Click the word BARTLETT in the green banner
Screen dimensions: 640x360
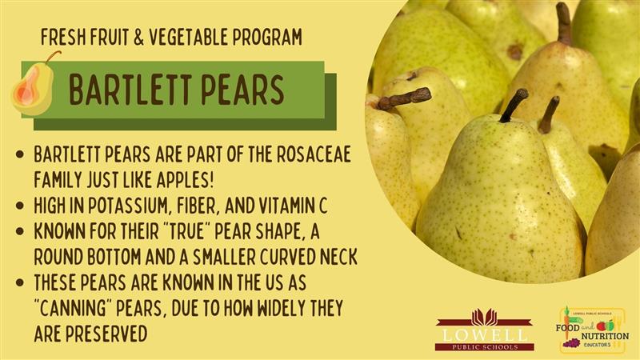point(130,90)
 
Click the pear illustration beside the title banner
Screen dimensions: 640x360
point(34,85)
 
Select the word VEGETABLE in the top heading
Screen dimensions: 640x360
point(189,37)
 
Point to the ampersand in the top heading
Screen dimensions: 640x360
point(138,37)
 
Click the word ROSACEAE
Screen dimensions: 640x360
point(314,154)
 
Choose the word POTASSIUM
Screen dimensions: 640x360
point(128,206)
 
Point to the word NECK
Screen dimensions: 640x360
point(338,257)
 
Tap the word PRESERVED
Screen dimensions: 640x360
point(106,334)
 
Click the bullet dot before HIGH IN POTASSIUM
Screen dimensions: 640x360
point(20,206)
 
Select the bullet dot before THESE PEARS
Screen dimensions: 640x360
point(20,282)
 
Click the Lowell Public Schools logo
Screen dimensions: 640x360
point(485,330)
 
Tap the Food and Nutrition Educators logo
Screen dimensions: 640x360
point(592,330)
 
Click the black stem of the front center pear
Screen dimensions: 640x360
point(514,106)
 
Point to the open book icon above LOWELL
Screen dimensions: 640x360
point(485,317)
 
